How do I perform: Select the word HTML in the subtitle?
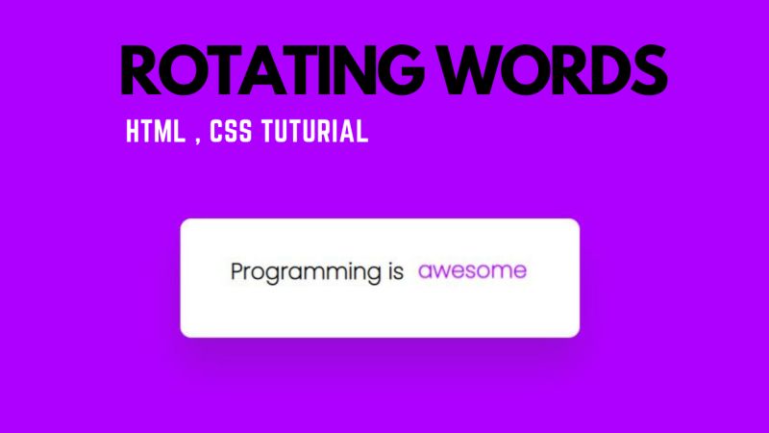(157, 133)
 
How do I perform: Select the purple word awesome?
(472, 271)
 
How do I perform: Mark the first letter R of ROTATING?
(141, 69)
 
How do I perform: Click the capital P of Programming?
(238, 271)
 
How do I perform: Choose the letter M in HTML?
(165, 133)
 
